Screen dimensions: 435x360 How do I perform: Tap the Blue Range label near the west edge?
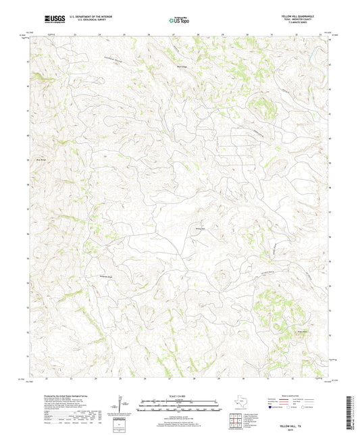[x=40, y=159]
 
